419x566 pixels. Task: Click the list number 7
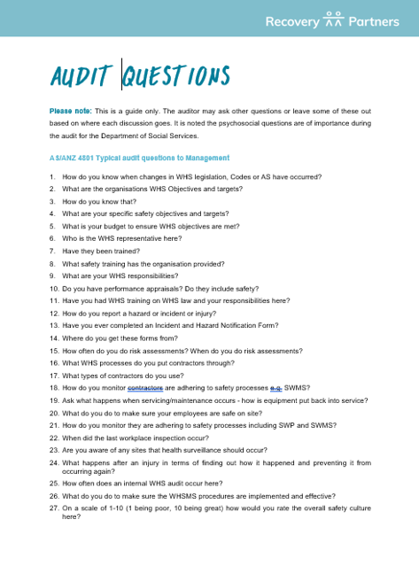pos(52,252)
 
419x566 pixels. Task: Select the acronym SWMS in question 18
pos(297,388)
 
